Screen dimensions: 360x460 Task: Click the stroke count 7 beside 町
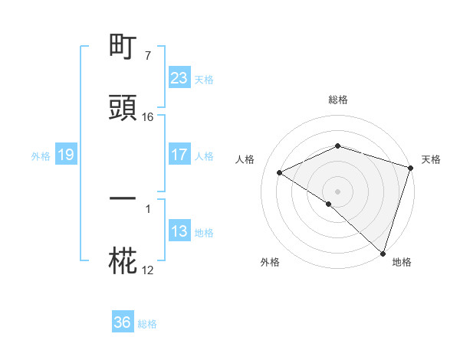pos(147,56)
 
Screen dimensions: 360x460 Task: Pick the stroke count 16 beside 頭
pos(148,117)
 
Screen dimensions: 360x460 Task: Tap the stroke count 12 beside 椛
pos(148,270)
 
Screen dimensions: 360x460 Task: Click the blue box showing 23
pos(179,78)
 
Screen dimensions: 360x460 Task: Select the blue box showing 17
pos(179,155)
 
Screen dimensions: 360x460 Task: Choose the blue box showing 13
pos(179,231)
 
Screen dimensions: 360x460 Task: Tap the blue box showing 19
pos(65,155)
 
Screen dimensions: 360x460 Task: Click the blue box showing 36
pos(122,322)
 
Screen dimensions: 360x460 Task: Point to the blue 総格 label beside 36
pos(147,324)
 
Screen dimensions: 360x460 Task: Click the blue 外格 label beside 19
pos(41,156)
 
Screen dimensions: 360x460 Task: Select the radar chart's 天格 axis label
pos(431,159)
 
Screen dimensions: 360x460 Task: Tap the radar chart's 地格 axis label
pos(402,263)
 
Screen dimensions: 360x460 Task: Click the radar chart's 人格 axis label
pos(245,159)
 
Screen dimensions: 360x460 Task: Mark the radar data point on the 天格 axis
pos(411,168)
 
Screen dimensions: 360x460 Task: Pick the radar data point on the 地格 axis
pos(383,253)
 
